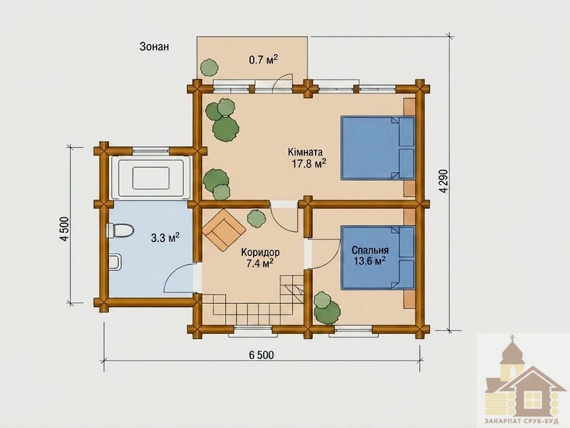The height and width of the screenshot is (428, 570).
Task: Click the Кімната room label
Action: (305, 152)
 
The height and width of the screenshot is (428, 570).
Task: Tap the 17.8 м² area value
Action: (309, 164)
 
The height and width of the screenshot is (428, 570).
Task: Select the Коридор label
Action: (260, 252)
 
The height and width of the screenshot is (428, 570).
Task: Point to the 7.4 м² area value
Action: (260, 263)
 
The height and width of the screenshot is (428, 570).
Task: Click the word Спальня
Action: (370, 250)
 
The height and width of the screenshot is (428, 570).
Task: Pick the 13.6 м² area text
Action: (369, 261)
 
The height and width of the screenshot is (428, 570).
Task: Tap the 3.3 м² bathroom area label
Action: (165, 238)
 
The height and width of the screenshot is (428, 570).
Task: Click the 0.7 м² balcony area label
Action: (264, 59)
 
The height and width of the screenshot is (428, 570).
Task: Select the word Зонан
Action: (154, 46)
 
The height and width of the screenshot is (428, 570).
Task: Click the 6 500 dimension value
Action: (261, 355)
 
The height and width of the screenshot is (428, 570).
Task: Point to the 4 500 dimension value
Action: (64, 229)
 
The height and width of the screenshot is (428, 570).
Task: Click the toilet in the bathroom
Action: (120, 230)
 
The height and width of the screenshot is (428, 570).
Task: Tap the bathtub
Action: (151, 178)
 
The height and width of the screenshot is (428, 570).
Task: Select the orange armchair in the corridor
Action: (224, 229)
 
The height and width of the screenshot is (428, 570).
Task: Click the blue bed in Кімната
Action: (378, 148)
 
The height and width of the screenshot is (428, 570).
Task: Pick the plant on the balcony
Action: (209, 68)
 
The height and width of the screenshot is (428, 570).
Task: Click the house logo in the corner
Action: (524, 381)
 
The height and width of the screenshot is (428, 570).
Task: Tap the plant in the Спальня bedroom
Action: (327, 307)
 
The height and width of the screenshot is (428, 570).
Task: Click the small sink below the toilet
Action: (115, 262)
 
